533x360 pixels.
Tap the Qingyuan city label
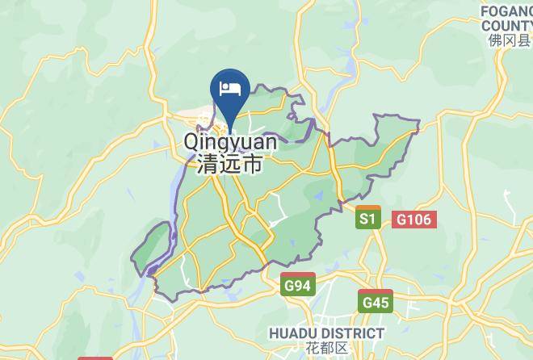coord(230,143)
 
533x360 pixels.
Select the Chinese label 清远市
coord(229,165)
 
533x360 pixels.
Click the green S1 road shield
coord(368,218)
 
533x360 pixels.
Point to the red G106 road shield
coord(415,219)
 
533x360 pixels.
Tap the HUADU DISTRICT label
coord(325,333)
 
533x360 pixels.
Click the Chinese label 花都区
coord(325,348)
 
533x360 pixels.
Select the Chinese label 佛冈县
coord(510,40)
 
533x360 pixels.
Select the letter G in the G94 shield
coord(288,286)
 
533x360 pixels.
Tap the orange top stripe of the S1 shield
coord(368,209)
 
